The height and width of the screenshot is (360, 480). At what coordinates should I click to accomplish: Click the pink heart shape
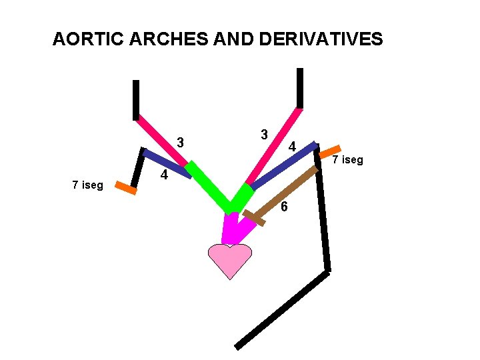[x=230, y=259]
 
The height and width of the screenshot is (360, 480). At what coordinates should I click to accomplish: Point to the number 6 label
[x=284, y=207]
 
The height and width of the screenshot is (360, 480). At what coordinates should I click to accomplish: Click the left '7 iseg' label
[x=88, y=185]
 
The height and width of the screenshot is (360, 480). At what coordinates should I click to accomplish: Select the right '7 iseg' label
[x=348, y=160]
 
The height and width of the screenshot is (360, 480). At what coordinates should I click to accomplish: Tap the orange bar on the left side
[x=125, y=188]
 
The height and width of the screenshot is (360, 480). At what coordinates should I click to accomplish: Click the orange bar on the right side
[x=330, y=151]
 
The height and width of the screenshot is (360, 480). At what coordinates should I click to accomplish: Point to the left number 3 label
[x=181, y=143]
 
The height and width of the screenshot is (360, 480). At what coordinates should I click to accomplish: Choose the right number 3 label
[x=264, y=134]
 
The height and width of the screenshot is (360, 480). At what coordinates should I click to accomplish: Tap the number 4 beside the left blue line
[x=163, y=176]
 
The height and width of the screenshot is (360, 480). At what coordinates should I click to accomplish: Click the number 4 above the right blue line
[x=292, y=147]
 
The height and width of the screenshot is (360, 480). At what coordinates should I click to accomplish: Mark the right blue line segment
[x=283, y=165]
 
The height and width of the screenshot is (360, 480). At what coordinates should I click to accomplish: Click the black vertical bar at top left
[x=136, y=100]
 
